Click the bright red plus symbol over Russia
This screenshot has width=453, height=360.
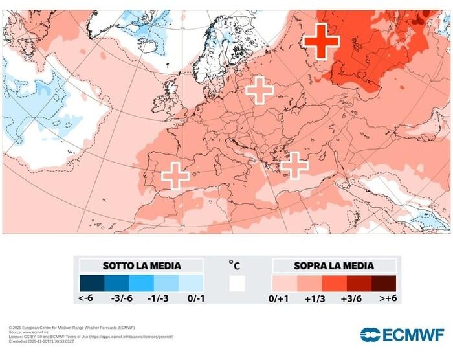point(321,41)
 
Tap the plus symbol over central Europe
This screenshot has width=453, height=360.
point(260,89)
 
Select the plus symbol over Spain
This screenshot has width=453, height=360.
point(175,175)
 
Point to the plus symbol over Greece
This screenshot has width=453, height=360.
point(294,165)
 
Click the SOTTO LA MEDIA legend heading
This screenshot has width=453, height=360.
point(141,265)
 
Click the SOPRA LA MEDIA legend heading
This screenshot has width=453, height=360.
point(333,265)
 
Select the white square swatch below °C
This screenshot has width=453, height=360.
point(237,284)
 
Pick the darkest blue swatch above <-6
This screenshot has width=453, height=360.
point(92,284)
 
